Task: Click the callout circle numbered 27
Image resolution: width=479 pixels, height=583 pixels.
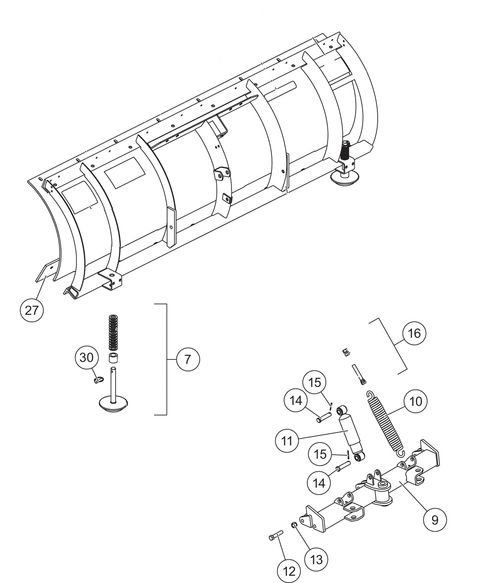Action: (x=32, y=311)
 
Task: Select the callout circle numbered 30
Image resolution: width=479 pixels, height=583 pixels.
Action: (x=87, y=358)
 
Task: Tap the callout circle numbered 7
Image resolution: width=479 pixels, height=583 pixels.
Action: (x=188, y=359)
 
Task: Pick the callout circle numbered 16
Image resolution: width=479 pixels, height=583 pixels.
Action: (x=414, y=334)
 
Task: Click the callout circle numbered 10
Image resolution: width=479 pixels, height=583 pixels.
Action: (x=415, y=401)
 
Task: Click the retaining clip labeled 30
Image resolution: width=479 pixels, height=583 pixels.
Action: (x=97, y=380)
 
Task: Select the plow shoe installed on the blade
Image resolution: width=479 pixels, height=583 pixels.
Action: (x=346, y=166)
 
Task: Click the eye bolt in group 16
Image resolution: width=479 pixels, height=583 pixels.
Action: (x=359, y=374)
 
